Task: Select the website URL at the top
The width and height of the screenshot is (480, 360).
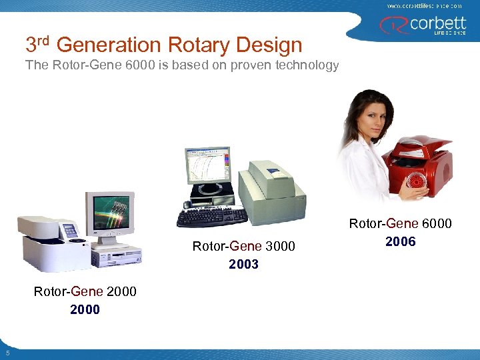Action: click(x=424, y=5)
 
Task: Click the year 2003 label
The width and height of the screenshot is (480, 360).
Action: click(x=243, y=265)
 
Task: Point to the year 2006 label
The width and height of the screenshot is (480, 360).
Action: click(x=401, y=242)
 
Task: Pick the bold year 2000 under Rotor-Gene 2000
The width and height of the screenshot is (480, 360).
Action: click(x=85, y=309)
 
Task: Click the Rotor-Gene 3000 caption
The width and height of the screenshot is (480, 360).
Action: click(x=243, y=247)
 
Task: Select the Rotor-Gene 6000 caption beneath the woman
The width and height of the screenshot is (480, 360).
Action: click(x=401, y=224)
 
